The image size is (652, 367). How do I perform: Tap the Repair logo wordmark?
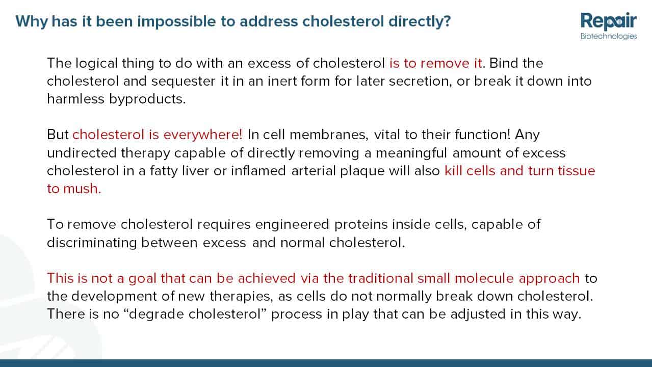609,21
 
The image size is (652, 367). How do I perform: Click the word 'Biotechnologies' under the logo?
609,36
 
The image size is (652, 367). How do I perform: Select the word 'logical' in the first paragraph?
96,64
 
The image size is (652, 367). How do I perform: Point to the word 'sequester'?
184,81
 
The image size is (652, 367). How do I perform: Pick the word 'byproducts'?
147,99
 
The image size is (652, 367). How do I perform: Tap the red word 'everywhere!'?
203,135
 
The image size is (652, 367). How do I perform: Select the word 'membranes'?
329,135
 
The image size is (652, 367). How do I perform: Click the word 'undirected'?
82,153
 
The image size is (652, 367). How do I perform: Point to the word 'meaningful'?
411,153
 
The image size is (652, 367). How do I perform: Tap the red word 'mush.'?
82,189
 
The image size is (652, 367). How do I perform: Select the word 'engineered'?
292,225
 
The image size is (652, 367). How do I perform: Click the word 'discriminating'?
92,243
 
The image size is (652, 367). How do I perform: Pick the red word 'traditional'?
381,278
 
